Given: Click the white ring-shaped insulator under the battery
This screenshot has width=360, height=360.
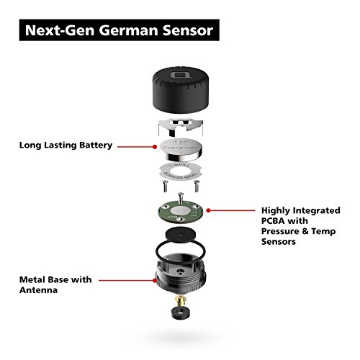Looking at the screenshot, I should click(181, 174).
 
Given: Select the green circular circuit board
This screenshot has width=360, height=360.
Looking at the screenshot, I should click(180, 210).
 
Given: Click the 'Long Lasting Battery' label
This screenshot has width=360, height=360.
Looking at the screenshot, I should click(66, 145).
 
